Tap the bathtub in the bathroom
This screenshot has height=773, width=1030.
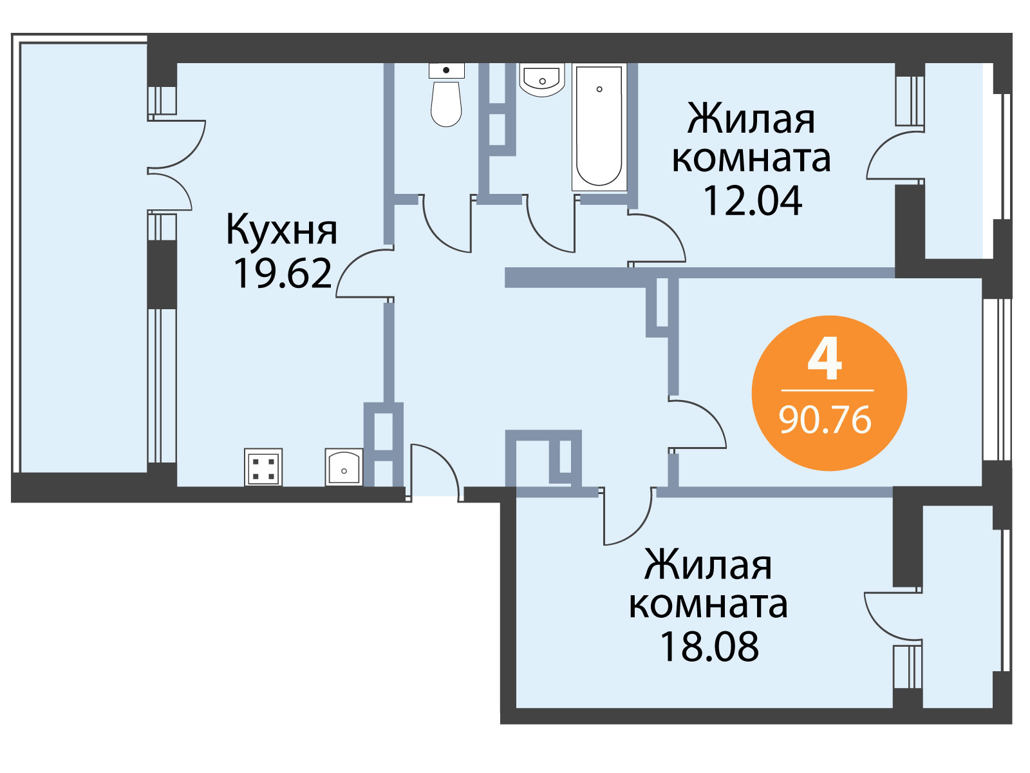(599, 127)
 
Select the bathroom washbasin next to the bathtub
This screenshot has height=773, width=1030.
(542, 80)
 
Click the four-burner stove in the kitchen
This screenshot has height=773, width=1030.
(263, 467)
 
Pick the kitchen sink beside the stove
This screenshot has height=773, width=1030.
(344, 467)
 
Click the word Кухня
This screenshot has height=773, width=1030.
(281, 231)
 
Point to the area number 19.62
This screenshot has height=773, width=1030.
(282, 274)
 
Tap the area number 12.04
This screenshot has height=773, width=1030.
(753, 200)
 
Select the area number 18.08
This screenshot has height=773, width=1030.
(709, 646)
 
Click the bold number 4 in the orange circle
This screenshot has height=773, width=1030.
(825, 362)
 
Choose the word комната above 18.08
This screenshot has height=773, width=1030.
(708, 605)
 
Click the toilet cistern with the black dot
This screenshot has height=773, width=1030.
(446, 70)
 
